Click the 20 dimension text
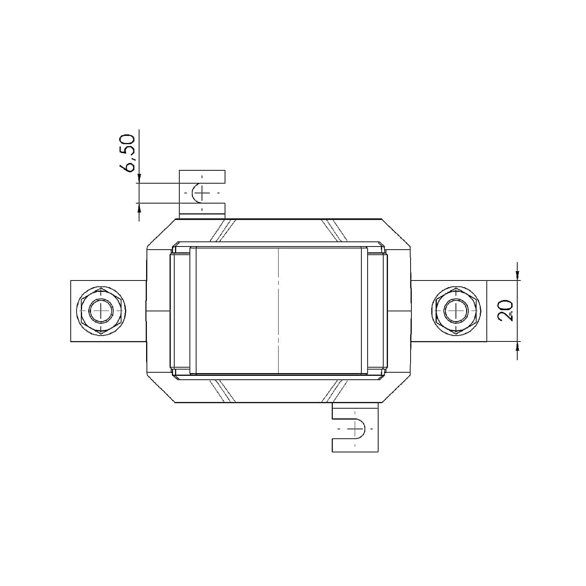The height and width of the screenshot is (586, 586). (506, 311)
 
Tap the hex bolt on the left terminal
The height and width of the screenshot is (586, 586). (101, 311)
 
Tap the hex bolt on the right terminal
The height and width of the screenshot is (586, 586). (456, 311)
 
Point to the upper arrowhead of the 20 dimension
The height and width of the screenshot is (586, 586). (518, 276)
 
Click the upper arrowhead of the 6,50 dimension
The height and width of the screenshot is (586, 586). (139, 178)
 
